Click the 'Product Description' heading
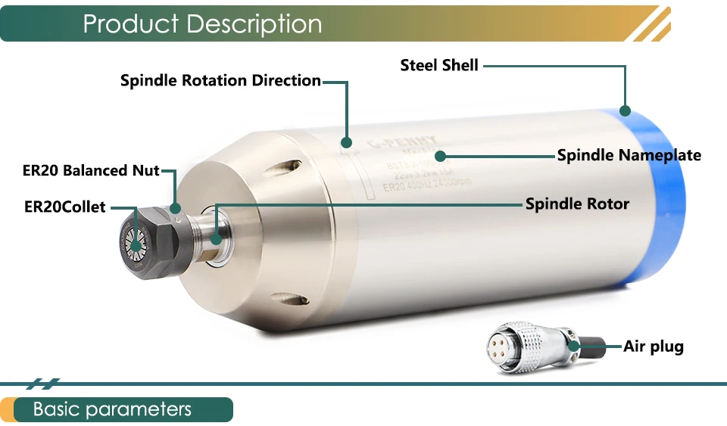(202, 23)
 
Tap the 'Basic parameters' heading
(112, 409)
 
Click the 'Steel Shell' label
(439, 66)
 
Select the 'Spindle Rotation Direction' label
(220, 80)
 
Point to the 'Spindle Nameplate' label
(629, 155)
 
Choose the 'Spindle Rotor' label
(577, 204)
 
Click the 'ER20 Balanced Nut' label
(91, 170)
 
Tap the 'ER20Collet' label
(64, 206)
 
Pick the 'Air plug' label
(653, 347)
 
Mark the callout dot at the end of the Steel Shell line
(626, 110)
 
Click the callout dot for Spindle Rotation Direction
(347, 141)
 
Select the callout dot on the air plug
(575, 347)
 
